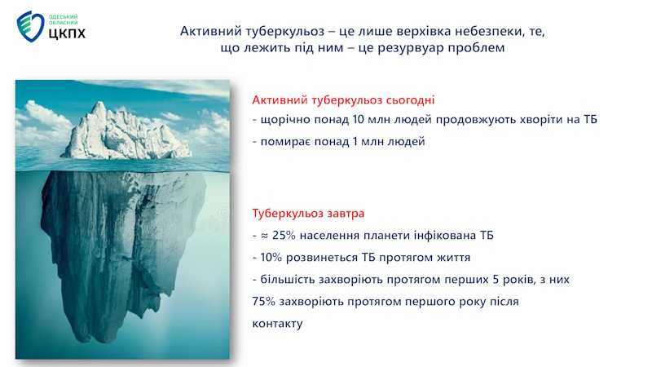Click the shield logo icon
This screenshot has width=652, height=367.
[30, 26]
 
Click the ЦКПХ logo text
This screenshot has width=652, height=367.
[67, 33]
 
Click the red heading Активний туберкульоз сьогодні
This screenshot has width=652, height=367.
[343, 100]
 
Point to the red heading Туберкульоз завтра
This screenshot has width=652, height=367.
[308, 214]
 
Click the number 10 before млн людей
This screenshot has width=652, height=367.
[358, 119]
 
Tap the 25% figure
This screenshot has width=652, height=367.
[284, 236]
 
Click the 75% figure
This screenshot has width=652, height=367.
[263, 301]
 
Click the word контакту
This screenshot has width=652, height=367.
[277, 324]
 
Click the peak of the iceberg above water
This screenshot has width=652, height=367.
[99, 104]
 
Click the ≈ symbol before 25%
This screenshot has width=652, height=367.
[264, 236]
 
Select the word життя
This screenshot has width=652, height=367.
[453, 258]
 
